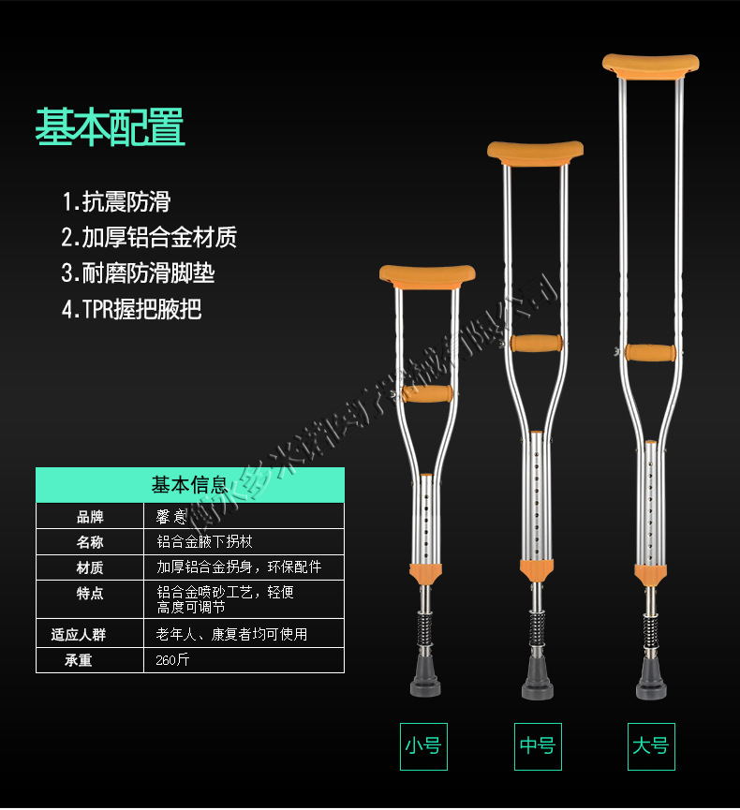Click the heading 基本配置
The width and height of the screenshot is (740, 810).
pos(110,127)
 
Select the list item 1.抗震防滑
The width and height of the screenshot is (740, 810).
pos(116,201)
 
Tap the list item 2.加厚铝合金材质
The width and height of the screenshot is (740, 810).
pos(149,237)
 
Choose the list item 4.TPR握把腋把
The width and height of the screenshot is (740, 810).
pos(131,309)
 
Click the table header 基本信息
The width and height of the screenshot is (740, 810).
pos(189,484)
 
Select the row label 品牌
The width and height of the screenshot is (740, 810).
pos(90,516)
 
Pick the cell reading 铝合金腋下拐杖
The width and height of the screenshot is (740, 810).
pos(204,541)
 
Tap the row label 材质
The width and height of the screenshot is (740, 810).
pos(90,567)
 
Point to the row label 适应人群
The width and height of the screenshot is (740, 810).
pos(79,634)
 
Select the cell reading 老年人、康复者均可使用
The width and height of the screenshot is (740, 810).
pos(231,634)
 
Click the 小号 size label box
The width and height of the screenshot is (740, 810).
pos(423,746)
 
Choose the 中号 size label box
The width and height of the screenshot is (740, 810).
pos(538,746)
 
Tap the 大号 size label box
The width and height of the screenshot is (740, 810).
pos(650,746)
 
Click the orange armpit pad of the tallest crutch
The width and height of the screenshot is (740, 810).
pos(651,66)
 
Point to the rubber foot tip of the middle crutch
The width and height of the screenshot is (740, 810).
pos(537,681)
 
